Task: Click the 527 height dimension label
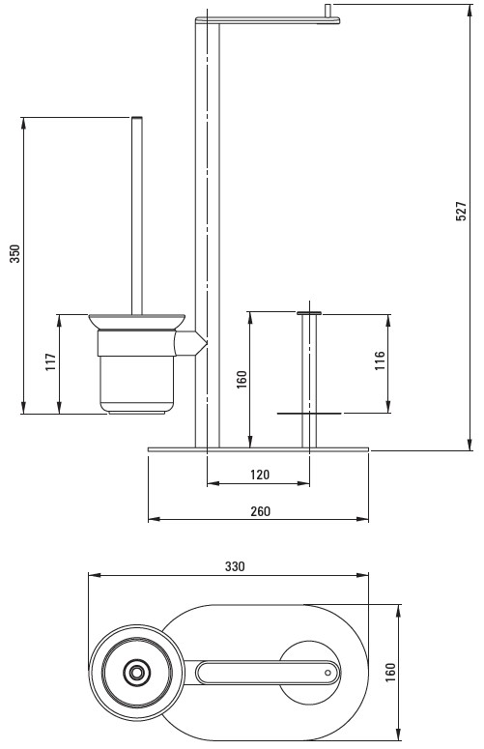click(x=461, y=211)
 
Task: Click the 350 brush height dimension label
click(x=15, y=253)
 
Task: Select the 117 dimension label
click(x=51, y=362)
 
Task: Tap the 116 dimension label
click(x=380, y=360)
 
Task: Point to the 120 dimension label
click(x=260, y=475)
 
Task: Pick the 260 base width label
click(x=261, y=511)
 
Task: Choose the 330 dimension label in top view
click(x=235, y=566)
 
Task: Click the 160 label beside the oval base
click(x=390, y=672)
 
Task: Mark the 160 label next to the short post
click(x=242, y=379)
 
